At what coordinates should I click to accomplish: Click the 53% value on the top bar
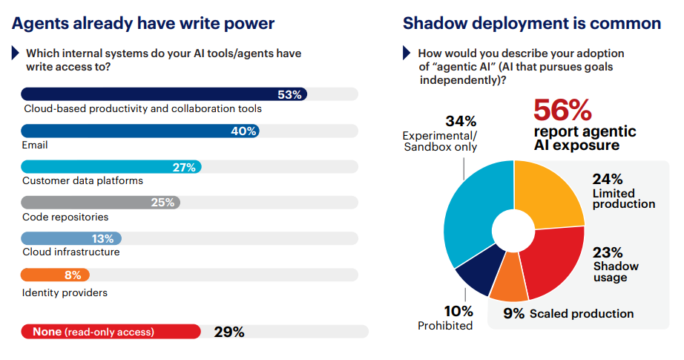tap(289, 94)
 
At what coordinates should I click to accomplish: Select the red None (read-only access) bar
tap(111, 332)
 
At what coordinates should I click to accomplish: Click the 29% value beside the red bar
tap(228, 332)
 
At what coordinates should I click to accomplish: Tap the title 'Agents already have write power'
tap(143, 23)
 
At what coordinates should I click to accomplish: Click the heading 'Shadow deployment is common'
tap(532, 23)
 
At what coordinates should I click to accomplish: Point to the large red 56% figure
tap(563, 110)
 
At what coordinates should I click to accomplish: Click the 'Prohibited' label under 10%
tap(445, 325)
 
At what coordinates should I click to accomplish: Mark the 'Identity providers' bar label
tap(65, 292)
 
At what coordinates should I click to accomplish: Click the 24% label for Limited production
tap(607, 179)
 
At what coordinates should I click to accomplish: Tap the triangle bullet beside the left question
tap(16, 53)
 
